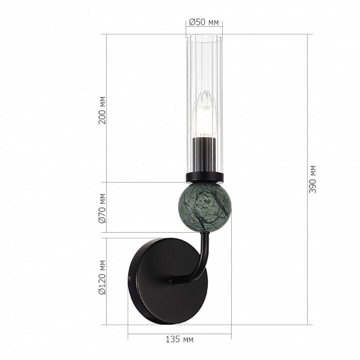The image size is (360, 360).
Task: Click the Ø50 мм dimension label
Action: [204, 22]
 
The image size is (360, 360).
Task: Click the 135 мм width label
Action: [179, 339]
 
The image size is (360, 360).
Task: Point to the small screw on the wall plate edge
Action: [130, 278]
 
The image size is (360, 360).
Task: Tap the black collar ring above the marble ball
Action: [204, 177]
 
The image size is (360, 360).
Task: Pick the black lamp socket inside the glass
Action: [204, 153]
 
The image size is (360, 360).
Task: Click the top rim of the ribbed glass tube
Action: [204, 36]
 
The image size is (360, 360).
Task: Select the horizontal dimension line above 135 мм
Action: [179, 333]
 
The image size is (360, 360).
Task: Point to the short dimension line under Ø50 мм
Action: [204, 28]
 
